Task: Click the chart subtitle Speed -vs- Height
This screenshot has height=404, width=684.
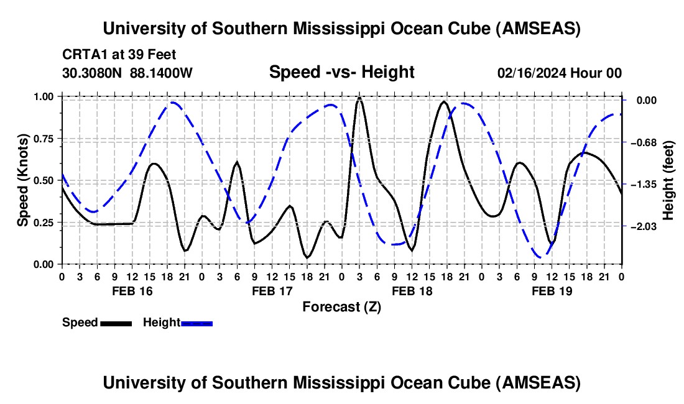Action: click(341, 73)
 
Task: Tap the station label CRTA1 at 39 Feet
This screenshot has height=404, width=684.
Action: click(109, 55)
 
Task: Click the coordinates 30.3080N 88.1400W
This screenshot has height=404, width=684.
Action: click(127, 73)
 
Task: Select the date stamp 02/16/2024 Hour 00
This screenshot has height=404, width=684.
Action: click(559, 73)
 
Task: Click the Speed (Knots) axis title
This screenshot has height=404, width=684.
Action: click(23, 180)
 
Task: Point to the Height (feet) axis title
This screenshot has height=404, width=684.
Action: click(668, 180)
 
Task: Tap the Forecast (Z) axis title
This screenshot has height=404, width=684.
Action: click(341, 306)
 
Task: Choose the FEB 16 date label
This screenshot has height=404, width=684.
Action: click(131, 291)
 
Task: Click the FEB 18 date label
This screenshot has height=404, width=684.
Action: click(412, 291)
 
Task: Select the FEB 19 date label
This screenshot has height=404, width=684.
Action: click(552, 291)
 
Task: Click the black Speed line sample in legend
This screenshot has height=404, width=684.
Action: click(116, 323)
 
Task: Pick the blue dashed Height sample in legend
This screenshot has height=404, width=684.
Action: click(197, 323)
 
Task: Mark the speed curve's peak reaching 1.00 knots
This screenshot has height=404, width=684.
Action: click(359, 98)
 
